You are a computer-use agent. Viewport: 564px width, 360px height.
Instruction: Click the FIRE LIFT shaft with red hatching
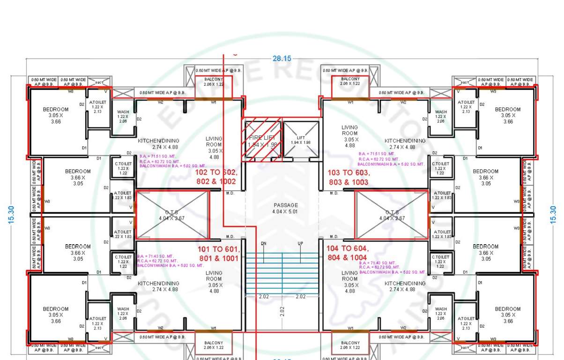[263, 140]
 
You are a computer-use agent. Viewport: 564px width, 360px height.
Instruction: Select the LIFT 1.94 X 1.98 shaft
[301, 140]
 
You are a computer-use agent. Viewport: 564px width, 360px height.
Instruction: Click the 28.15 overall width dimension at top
[282, 59]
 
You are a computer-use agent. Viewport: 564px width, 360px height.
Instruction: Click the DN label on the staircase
[263, 244]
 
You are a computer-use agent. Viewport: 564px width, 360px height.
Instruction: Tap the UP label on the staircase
[300, 244]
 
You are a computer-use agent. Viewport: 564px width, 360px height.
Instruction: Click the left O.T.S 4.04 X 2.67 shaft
[172, 215]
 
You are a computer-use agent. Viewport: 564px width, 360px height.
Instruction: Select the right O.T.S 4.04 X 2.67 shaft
[392, 215]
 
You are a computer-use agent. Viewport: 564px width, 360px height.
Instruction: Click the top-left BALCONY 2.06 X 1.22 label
[214, 82]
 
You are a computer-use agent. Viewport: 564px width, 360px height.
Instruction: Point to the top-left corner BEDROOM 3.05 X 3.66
[56, 115]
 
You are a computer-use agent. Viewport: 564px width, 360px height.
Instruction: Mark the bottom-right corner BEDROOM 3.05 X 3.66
[508, 315]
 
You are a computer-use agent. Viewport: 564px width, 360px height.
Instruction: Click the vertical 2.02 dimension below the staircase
[282, 311]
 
